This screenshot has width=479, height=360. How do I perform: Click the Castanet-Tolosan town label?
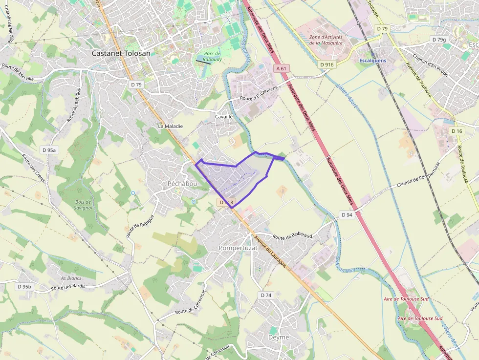[x=121, y=53]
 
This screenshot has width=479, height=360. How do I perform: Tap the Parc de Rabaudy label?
[x=213, y=57]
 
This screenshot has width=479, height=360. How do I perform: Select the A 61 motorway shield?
[x=281, y=69]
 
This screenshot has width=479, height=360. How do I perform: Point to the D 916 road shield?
[x=327, y=64]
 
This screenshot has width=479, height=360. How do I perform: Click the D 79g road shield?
[x=439, y=40]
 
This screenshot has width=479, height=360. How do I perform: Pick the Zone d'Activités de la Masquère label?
[x=326, y=40]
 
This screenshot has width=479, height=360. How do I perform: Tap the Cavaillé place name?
[x=224, y=117]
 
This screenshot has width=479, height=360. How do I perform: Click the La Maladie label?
[x=170, y=126]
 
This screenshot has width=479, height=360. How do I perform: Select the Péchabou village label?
[x=182, y=184]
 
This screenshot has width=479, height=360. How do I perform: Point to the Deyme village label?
[x=279, y=338]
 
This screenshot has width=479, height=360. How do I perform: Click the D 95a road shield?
[x=49, y=150]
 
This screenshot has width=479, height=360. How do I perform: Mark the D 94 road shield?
[x=347, y=215]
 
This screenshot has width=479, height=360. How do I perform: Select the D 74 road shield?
[x=266, y=296]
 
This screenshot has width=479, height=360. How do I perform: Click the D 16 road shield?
[x=457, y=131]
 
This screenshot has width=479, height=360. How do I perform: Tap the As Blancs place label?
[x=71, y=278]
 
